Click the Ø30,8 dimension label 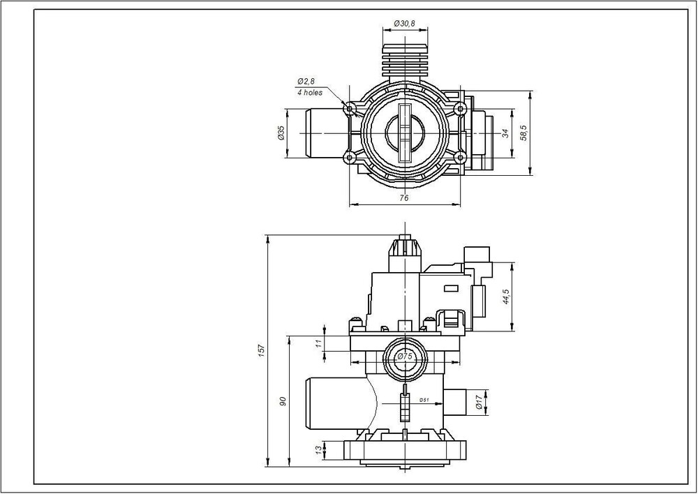[404, 24]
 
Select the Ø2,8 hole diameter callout [306, 82]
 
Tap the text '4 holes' [310, 93]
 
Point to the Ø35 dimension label [281, 133]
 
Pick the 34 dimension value [505, 133]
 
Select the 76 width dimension [403, 198]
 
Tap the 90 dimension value [283, 401]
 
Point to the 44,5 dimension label [505, 297]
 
